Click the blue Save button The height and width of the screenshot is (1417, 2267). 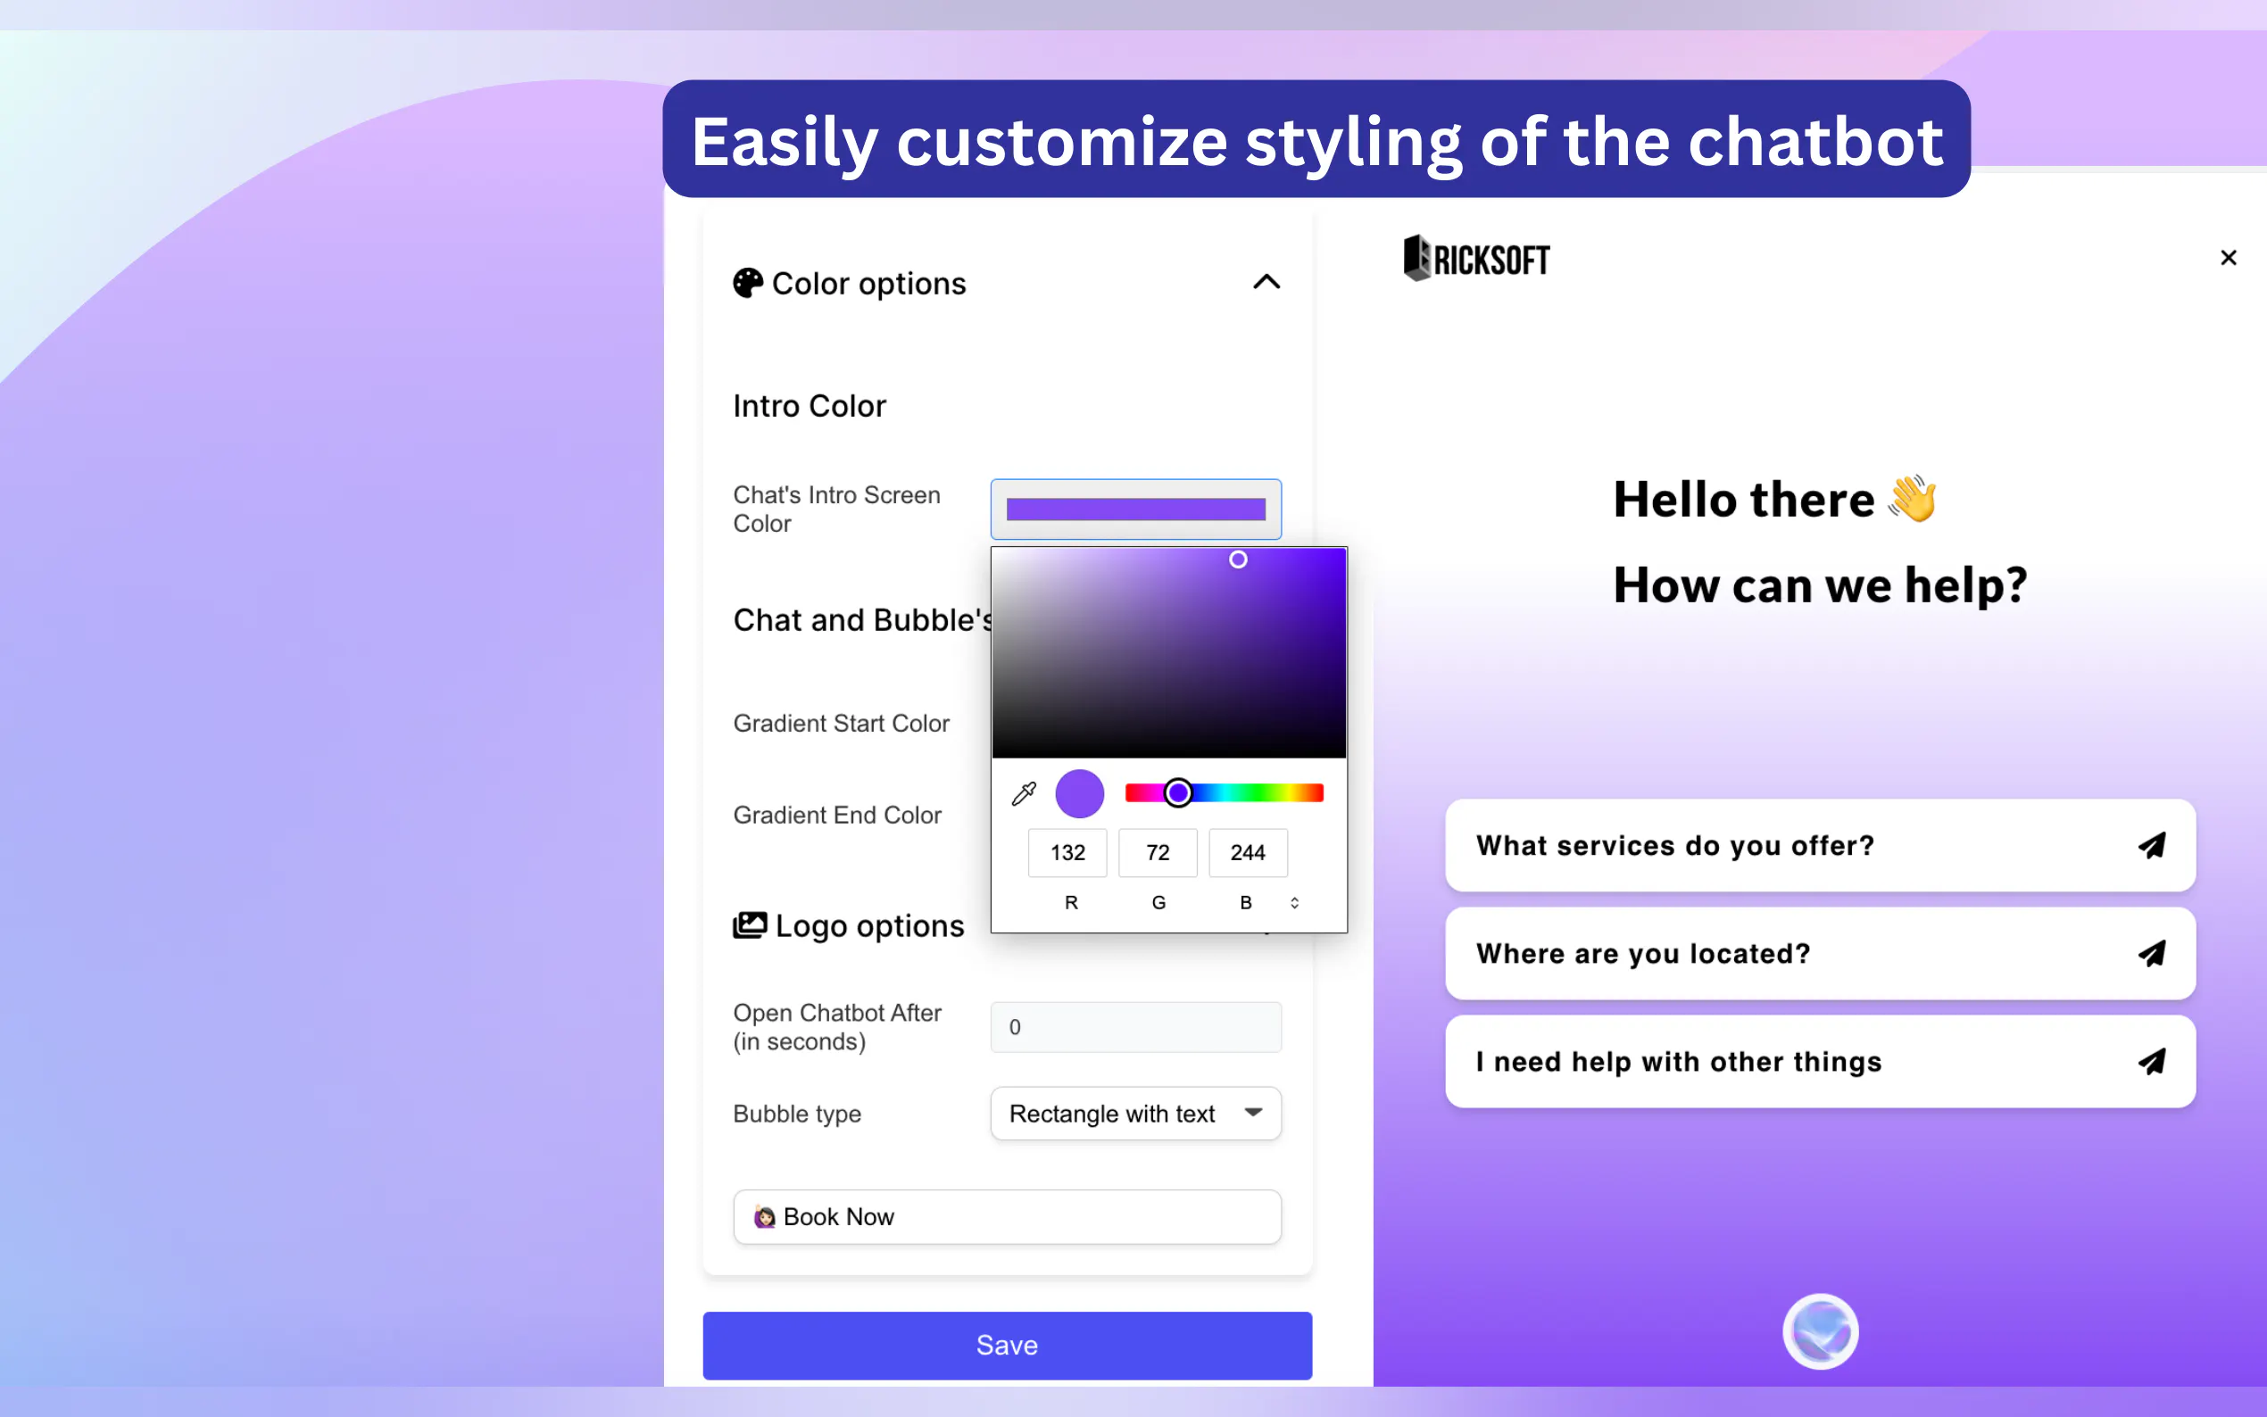(x=1007, y=1345)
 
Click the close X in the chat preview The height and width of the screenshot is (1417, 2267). (x=2228, y=258)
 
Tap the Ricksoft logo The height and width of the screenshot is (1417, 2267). (x=1476, y=258)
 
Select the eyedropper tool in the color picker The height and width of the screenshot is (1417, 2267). (x=1024, y=794)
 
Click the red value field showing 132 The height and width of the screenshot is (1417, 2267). (x=1067, y=853)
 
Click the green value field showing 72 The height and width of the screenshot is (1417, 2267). (x=1158, y=853)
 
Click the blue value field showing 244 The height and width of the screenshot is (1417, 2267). (x=1248, y=853)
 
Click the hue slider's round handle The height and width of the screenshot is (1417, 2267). (x=1178, y=793)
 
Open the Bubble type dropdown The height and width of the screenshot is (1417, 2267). (x=1136, y=1114)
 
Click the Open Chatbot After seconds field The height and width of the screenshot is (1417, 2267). (x=1136, y=1027)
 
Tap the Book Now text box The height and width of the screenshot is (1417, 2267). (x=1007, y=1216)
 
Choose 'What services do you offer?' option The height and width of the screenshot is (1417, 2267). (x=1820, y=845)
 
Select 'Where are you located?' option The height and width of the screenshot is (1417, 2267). (x=1820, y=953)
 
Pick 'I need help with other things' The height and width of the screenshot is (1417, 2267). (x=1820, y=1062)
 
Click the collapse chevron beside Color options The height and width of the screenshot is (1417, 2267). (x=1266, y=282)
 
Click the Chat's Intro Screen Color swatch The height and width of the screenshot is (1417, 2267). (x=1136, y=509)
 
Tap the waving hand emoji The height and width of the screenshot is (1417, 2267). (x=1913, y=498)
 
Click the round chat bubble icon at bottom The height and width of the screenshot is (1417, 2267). (x=1820, y=1331)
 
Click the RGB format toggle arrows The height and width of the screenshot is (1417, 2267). (x=1294, y=902)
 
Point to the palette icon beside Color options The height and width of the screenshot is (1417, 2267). (x=748, y=283)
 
